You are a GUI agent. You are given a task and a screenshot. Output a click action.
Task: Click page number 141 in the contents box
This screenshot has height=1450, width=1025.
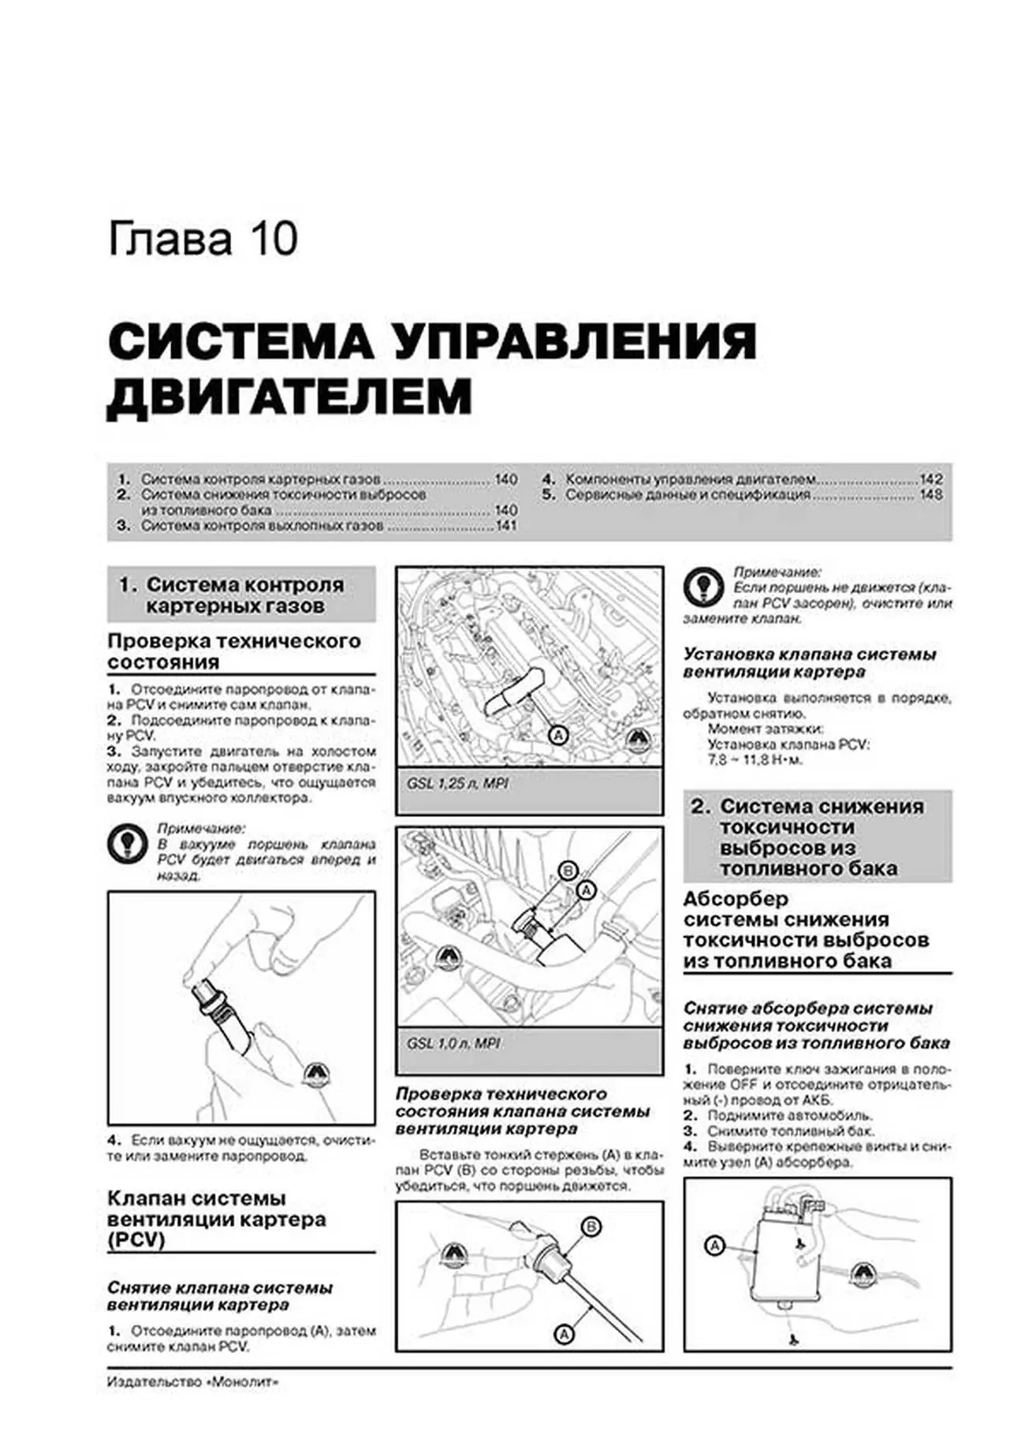click(x=505, y=525)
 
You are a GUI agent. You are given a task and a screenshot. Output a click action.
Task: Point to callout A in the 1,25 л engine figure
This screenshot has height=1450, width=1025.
click(x=557, y=736)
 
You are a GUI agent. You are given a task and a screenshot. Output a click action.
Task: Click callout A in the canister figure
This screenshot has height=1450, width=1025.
click(x=714, y=1246)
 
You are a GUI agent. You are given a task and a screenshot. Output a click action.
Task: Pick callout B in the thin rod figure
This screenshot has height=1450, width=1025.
click(x=591, y=1226)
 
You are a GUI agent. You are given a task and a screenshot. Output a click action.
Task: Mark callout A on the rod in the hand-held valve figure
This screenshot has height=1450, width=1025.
click(x=564, y=1334)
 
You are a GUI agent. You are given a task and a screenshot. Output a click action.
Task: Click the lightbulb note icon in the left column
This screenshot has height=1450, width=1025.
click(x=127, y=843)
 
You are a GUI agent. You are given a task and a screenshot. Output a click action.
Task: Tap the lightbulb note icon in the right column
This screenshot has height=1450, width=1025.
click(x=703, y=587)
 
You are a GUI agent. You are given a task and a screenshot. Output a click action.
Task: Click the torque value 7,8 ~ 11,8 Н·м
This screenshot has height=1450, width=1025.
click(x=755, y=760)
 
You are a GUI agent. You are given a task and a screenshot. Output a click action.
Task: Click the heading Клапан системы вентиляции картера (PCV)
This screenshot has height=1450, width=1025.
click(x=217, y=1219)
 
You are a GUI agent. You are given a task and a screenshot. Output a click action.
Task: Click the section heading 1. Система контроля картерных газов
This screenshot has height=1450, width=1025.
click(x=240, y=595)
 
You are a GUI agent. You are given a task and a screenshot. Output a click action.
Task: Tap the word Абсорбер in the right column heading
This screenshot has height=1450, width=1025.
click(x=736, y=899)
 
